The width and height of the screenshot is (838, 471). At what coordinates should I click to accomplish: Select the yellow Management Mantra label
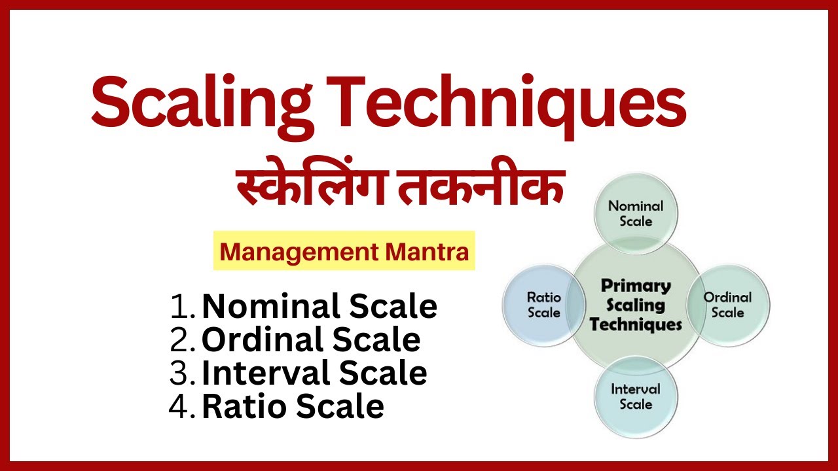[344, 251]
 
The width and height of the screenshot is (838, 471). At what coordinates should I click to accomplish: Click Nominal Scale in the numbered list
[319, 306]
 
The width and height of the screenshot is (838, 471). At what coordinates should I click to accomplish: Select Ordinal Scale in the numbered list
[310, 340]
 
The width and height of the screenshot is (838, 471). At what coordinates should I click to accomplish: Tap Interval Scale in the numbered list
[314, 373]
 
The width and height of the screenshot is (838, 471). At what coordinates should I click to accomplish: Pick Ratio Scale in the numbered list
[293, 406]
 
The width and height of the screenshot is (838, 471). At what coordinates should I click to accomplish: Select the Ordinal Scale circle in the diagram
[727, 305]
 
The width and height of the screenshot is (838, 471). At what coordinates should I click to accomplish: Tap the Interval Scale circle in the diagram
[636, 396]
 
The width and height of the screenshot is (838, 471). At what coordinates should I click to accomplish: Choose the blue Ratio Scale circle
[543, 305]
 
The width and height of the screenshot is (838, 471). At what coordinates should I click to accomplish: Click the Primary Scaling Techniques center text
[636, 305]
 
